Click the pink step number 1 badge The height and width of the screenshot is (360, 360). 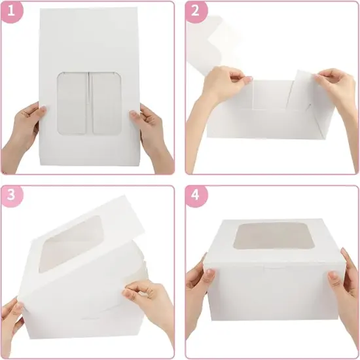pyautogui.click(x=12, y=11)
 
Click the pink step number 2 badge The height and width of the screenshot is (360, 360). pyautogui.click(x=196, y=11)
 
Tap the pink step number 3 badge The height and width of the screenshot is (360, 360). pyautogui.click(x=12, y=195)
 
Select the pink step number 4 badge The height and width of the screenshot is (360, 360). pyautogui.click(x=196, y=195)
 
